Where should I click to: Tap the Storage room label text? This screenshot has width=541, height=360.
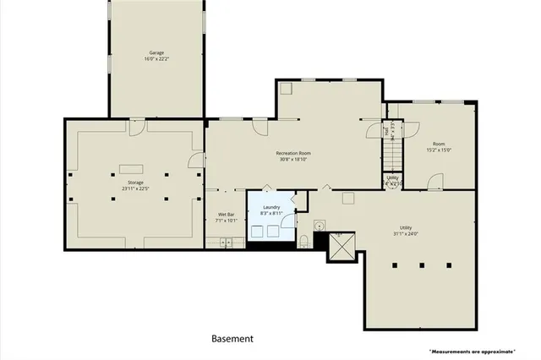136,183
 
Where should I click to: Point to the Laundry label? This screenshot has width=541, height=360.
271,207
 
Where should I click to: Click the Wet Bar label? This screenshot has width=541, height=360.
226,215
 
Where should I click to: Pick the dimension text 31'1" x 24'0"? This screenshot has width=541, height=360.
406,235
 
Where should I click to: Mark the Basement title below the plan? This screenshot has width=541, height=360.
232,339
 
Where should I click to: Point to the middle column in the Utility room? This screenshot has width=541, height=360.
421,265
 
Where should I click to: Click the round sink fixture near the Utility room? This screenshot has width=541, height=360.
319,226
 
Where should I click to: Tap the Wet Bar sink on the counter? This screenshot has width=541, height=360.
226,243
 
